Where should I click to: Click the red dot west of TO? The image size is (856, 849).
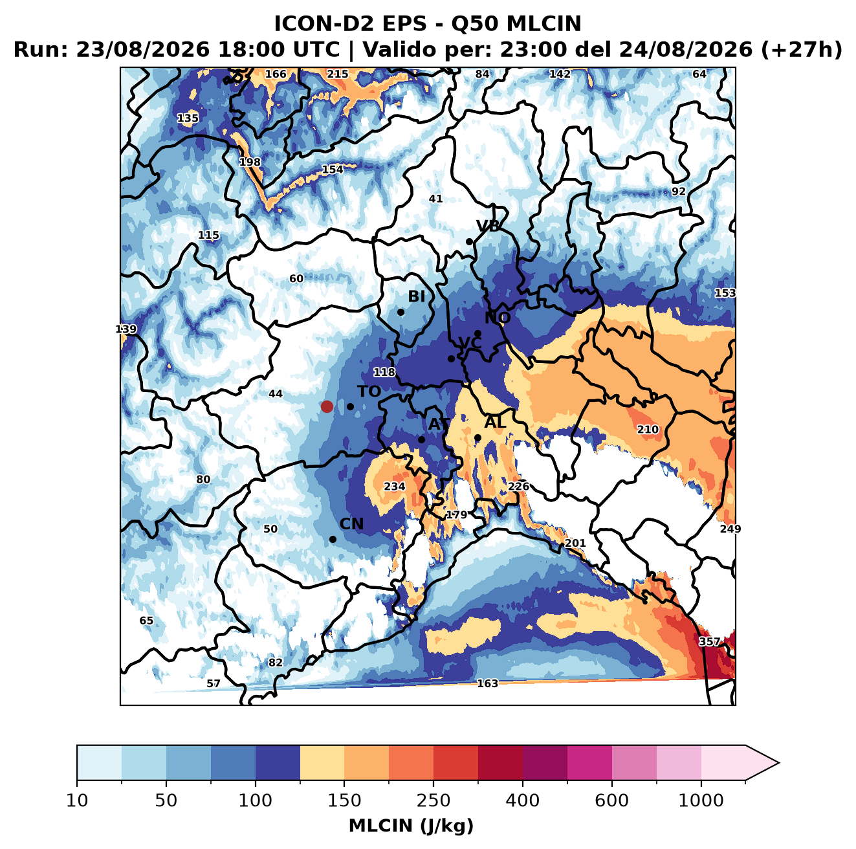coord(327,406)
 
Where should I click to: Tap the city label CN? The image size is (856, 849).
coord(351,524)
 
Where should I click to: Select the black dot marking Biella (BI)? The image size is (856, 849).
coord(401,313)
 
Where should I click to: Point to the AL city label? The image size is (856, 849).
coord(495,422)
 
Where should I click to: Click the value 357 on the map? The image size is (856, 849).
coord(709,641)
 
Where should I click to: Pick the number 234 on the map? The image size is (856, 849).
coord(395,487)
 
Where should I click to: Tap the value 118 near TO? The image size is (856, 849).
coord(384,372)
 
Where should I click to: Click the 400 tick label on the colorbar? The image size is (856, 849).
coord(523,801)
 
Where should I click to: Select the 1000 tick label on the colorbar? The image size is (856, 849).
coord(701,801)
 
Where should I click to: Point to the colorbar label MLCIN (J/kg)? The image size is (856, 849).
coord(411,826)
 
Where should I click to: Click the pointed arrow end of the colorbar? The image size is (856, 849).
coord(778,764)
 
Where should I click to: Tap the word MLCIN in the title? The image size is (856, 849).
coord(543,24)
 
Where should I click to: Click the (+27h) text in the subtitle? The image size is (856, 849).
coord(802,50)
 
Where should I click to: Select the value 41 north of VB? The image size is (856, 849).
coord(436,199)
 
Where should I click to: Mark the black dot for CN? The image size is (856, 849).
coord(333,539)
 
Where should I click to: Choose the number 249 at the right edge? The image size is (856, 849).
coord(730,529)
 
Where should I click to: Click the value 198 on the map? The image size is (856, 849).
coord(250,162)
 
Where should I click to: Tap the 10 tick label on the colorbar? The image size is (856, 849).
coord(77,801)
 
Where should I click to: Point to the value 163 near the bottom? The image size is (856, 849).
coord(487,683)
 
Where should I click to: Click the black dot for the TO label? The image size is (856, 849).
coord(350,406)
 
